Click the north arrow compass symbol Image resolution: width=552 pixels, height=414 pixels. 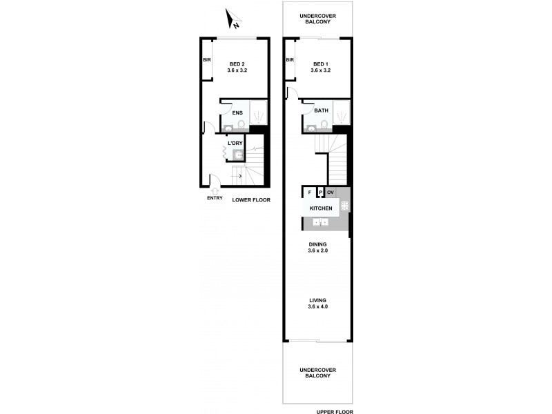[x=234, y=21]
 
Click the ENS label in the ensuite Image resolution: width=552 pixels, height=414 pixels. [x=237, y=112]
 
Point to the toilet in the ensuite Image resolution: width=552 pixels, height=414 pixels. [x=241, y=125]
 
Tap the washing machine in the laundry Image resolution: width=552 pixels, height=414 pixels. [x=239, y=155]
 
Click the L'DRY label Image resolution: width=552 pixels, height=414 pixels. [x=235, y=143]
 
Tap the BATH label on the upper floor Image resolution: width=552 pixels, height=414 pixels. [x=321, y=110]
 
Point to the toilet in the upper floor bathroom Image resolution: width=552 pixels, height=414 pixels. [x=325, y=125]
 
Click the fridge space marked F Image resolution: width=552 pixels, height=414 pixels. [x=310, y=192]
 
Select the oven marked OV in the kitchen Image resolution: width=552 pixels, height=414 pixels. [x=331, y=192]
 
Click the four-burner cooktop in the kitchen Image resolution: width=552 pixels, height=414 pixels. [x=345, y=206]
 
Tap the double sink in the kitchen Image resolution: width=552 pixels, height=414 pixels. [x=320, y=221]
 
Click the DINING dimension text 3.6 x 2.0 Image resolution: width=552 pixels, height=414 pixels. [x=318, y=251]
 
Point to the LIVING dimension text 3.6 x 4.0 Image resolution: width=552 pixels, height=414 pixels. [x=318, y=306]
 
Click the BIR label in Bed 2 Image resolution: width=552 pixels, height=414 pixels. [x=206, y=61]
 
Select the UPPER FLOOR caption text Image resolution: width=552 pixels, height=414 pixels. [x=334, y=411]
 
